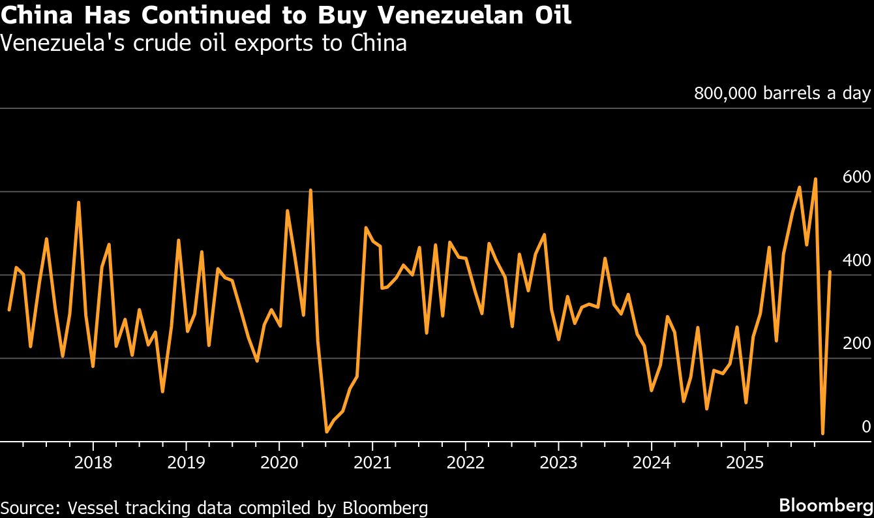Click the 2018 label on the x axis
pos(93,463)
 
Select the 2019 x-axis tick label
pos(186,463)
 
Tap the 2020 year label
pos(279,463)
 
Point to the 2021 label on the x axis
pos(372,463)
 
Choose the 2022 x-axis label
pos(465,463)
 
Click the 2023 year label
pos(558,463)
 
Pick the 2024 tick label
pos(652,463)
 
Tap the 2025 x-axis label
pos(745,463)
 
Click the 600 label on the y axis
pos(856,177)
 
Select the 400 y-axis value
pos(856,260)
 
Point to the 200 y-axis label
pos(856,344)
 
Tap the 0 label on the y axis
pos(866,427)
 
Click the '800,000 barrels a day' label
pos(782,93)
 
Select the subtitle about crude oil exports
pos(203,43)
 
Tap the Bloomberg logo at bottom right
pos(826,505)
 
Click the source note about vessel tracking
pos(215,508)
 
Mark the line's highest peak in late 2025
pos(815,179)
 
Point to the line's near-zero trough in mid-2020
pos(327,431)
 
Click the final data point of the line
pos(830,271)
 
